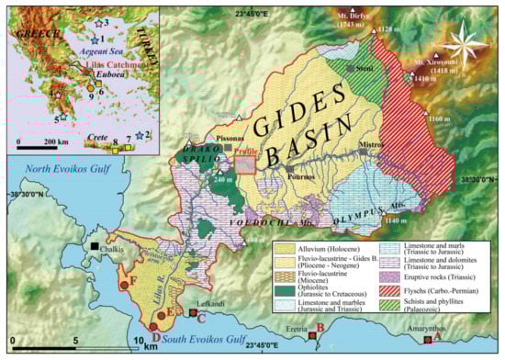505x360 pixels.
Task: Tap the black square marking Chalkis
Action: pos(95,246)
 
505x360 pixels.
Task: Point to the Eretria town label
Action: pos(293,329)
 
